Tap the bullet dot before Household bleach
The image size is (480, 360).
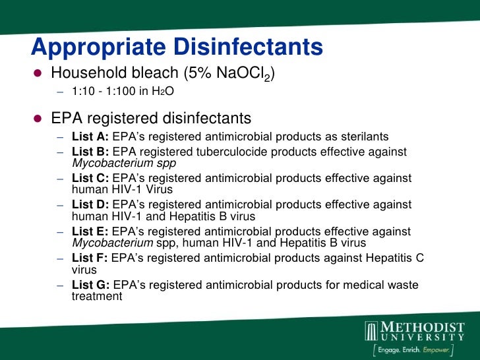[x=38, y=73]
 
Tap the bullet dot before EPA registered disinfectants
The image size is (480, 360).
[x=38, y=119]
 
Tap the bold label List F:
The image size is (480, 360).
[x=90, y=258]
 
